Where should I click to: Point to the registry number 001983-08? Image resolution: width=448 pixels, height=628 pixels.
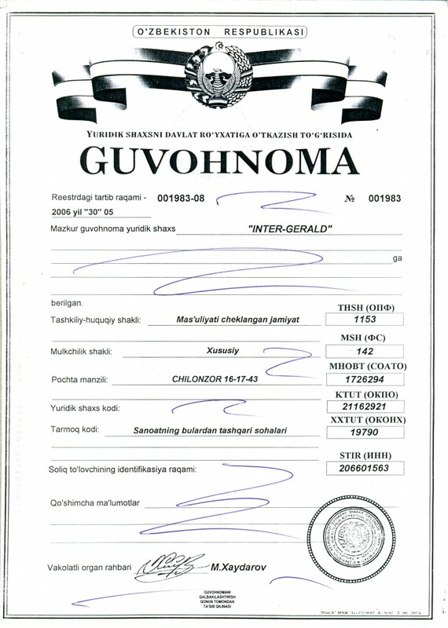181,198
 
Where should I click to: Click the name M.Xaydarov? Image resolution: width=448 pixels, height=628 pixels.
241,565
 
